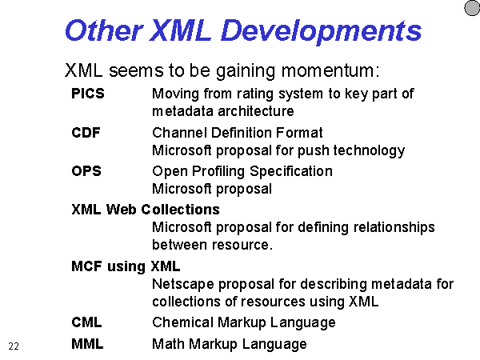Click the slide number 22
14,346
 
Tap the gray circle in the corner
472,8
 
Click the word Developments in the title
321,31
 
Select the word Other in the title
104,30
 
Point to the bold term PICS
88,94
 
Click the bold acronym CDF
86,133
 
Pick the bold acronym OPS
86,171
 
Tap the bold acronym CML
86,322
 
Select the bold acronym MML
87,344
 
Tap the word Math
168,344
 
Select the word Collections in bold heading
180,210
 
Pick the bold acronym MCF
86,266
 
